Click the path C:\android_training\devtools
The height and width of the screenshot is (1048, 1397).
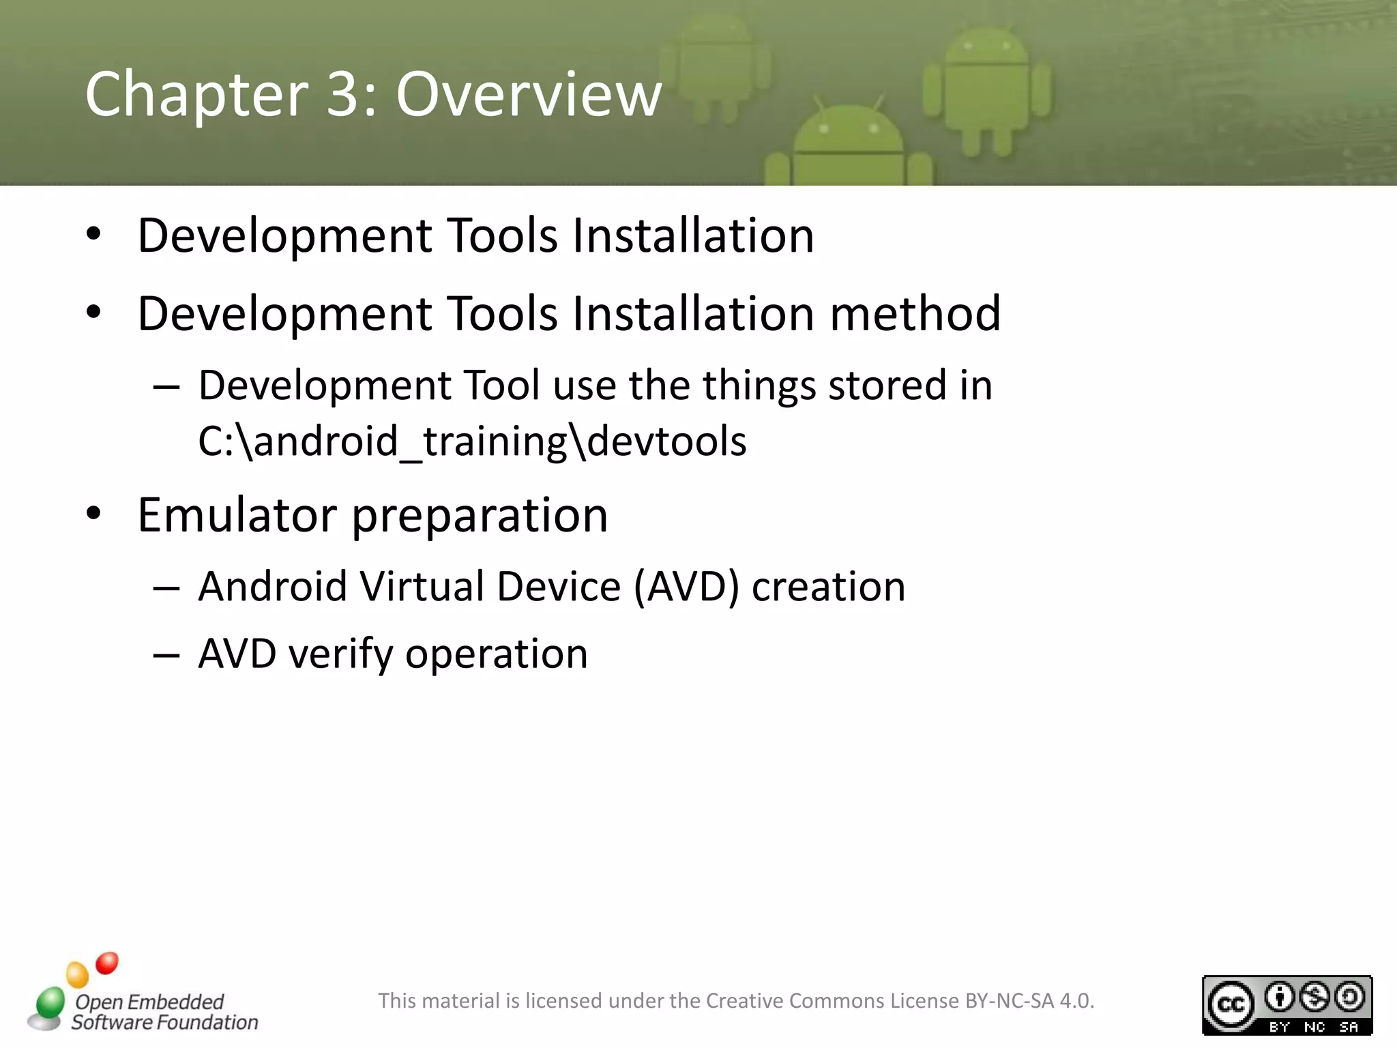pyautogui.click(x=472, y=441)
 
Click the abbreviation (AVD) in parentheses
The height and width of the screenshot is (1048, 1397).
pyautogui.click(x=686, y=587)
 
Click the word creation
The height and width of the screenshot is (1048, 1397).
pyautogui.click(x=828, y=587)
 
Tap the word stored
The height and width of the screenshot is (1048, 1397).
pyautogui.click(x=887, y=385)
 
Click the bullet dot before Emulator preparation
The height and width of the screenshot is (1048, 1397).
pyautogui.click(x=93, y=513)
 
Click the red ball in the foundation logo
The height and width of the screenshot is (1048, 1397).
pyautogui.click(x=107, y=963)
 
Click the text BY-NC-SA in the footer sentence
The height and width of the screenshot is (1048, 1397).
pyautogui.click(x=1010, y=1001)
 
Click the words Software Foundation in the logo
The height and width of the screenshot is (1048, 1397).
pyautogui.click(x=165, y=1022)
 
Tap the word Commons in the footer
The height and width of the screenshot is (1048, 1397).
pyautogui.click(x=838, y=1001)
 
